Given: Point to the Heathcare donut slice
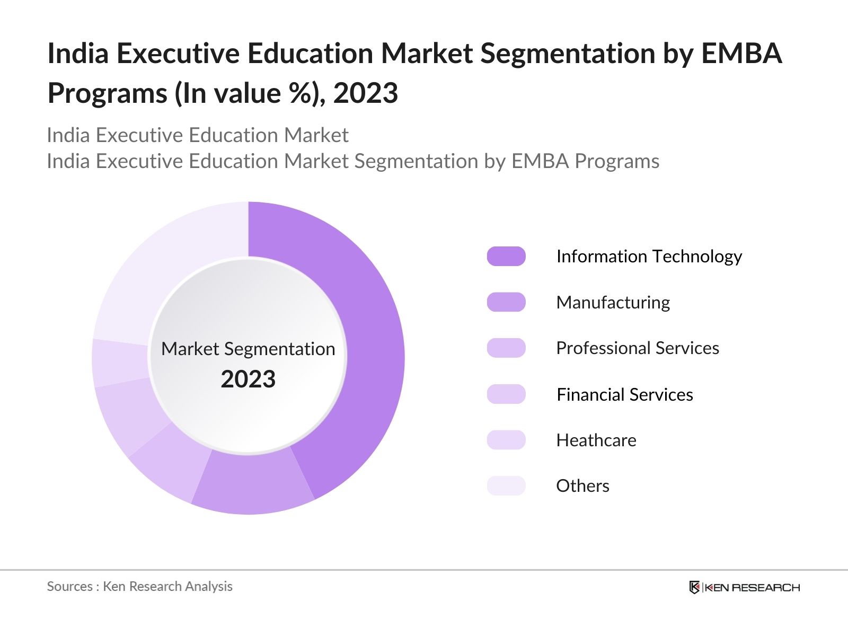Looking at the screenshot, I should point(120,363).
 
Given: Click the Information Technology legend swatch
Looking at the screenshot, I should point(506,257).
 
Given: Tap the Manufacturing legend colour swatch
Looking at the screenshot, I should point(506,302).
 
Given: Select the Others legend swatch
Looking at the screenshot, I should point(506,485).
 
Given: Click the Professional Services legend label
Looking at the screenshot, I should point(638,348).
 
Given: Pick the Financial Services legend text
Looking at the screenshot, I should point(625,394).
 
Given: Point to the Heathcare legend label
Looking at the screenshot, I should point(596,440).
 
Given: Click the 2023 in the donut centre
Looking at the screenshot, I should point(248,379).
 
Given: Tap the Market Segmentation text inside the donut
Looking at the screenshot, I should point(248,349).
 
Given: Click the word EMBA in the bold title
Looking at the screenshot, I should point(741,53).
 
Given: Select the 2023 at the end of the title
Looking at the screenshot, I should point(366,93).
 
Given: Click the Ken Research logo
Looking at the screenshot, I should point(744,587).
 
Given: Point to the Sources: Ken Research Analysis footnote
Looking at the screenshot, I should point(139,586).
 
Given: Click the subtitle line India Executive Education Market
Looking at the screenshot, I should point(197,135).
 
